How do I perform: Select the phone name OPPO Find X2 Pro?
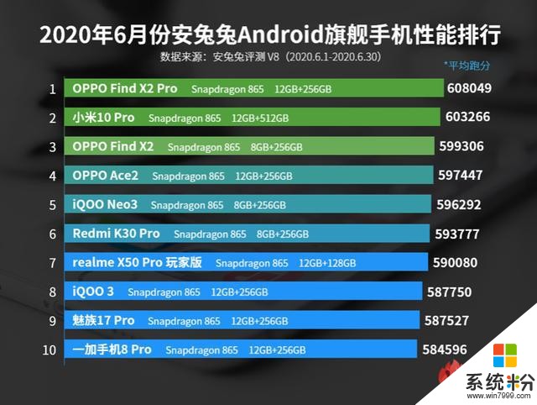[x=124, y=88]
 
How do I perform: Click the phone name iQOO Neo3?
[x=104, y=204]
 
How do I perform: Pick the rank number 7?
[x=52, y=263]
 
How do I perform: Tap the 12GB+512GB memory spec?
[x=259, y=118]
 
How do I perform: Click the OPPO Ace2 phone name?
[x=106, y=176]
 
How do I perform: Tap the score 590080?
[x=461, y=263]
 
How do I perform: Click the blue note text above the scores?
[x=467, y=65]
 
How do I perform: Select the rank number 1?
[x=52, y=88]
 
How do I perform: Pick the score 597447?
[x=464, y=176]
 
